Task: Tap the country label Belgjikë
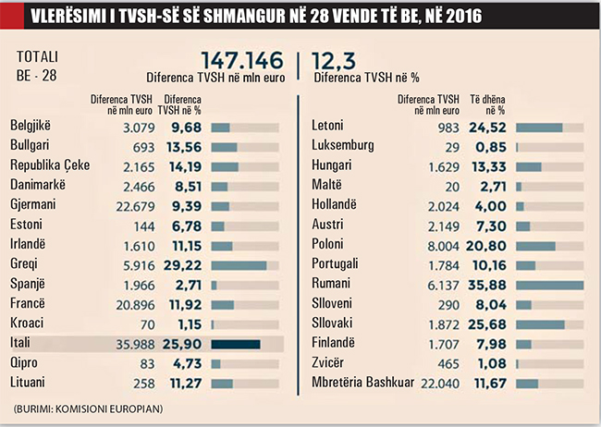pyautogui.click(x=33, y=127)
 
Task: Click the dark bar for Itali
pyautogui.click(x=236, y=343)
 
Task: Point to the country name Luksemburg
pyautogui.click(x=343, y=146)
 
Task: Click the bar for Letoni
pyautogui.click(x=539, y=128)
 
